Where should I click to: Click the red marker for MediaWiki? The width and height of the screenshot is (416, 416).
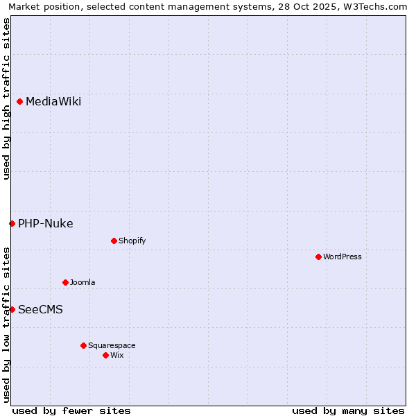coord(20,102)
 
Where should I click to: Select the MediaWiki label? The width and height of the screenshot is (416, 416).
coord(53,102)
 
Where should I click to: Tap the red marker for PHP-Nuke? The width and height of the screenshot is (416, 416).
coord(12,223)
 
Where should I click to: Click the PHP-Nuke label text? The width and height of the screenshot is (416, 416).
coord(46,223)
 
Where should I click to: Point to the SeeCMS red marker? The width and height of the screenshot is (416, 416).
coord(12,309)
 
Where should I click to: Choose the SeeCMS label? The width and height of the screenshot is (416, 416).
coord(40,309)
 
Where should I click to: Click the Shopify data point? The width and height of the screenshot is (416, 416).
coord(114,241)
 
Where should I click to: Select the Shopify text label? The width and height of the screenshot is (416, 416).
coord(132,241)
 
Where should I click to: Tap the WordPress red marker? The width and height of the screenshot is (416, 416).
coord(318,257)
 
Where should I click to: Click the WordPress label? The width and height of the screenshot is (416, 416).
coord(343,257)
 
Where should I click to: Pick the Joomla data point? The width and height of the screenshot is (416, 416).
coord(65,282)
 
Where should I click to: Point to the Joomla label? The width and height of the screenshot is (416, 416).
coord(83,282)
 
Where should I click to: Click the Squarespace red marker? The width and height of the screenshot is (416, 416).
coord(83,345)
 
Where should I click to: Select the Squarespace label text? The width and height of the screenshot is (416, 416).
coord(112,345)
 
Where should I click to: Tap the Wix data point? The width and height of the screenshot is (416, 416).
coord(105,355)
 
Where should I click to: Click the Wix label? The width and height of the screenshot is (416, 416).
coord(117,355)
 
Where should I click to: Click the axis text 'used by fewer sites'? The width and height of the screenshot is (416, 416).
coord(71,410)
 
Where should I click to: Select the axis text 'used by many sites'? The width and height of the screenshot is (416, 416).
coord(348,410)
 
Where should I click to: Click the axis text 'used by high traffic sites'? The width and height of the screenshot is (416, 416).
coord(6,98)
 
